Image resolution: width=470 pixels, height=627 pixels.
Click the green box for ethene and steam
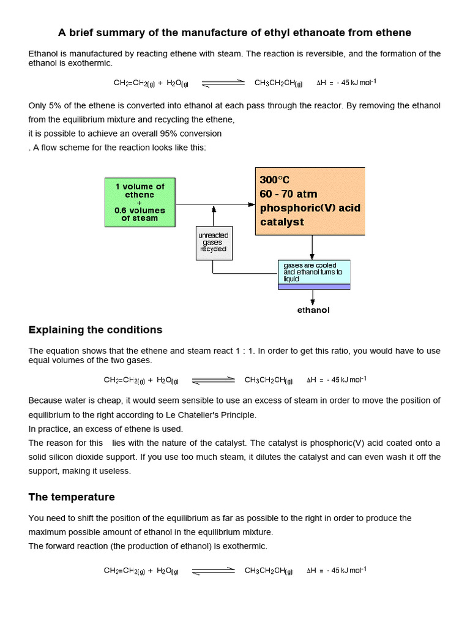click(x=140, y=203)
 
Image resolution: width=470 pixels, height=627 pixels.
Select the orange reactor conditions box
click(x=310, y=201)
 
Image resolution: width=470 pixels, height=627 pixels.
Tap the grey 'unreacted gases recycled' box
click(x=213, y=242)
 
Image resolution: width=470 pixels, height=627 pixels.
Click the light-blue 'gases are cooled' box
click(x=314, y=272)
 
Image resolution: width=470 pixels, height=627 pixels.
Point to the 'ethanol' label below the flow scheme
click(x=313, y=310)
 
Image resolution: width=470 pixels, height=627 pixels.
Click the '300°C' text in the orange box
click(x=275, y=180)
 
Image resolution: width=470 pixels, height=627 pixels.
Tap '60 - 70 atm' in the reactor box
click(x=288, y=194)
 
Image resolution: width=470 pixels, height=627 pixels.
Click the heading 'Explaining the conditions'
click(x=95, y=330)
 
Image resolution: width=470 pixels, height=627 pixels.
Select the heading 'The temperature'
click(x=72, y=497)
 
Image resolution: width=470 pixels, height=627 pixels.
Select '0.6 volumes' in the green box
click(x=140, y=211)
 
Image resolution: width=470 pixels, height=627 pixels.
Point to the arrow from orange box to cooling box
click(x=313, y=247)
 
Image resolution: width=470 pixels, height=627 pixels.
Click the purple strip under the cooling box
click(x=314, y=286)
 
